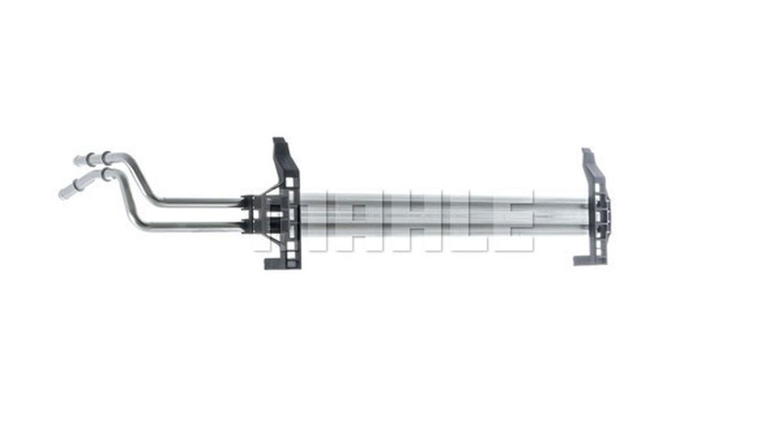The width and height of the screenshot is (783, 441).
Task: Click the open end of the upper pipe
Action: point(76,161)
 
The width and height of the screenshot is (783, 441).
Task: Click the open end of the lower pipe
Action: point(62,195)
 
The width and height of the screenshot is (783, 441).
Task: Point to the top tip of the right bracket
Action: point(586,150)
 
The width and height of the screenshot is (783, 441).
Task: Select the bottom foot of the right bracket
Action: point(582,261)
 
